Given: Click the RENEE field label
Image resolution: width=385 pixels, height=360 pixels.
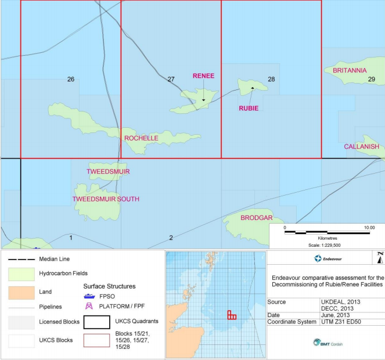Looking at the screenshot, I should click(x=203, y=76).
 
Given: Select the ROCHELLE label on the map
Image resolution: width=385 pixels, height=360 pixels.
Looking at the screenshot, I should click(x=141, y=138).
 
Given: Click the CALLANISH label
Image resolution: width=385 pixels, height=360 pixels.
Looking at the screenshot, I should click(x=361, y=147).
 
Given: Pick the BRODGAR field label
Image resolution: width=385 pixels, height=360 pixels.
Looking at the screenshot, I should click(x=256, y=218).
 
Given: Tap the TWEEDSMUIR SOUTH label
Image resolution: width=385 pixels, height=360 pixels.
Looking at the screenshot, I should click(x=106, y=199).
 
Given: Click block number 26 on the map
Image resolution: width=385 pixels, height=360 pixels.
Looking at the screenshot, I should click(x=71, y=79).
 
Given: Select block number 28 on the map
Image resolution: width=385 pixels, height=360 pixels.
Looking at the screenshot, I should click(x=271, y=79).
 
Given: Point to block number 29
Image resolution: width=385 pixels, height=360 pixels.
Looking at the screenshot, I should click(x=372, y=79).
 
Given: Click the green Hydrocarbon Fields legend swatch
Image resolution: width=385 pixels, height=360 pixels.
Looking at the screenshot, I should click(x=20, y=273).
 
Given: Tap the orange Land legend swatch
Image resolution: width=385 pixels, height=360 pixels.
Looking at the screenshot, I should click(x=20, y=292).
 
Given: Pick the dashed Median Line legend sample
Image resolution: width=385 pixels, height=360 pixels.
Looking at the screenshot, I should click(x=20, y=259).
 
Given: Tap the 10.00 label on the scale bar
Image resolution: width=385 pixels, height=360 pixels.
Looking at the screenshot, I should click(x=369, y=228).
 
